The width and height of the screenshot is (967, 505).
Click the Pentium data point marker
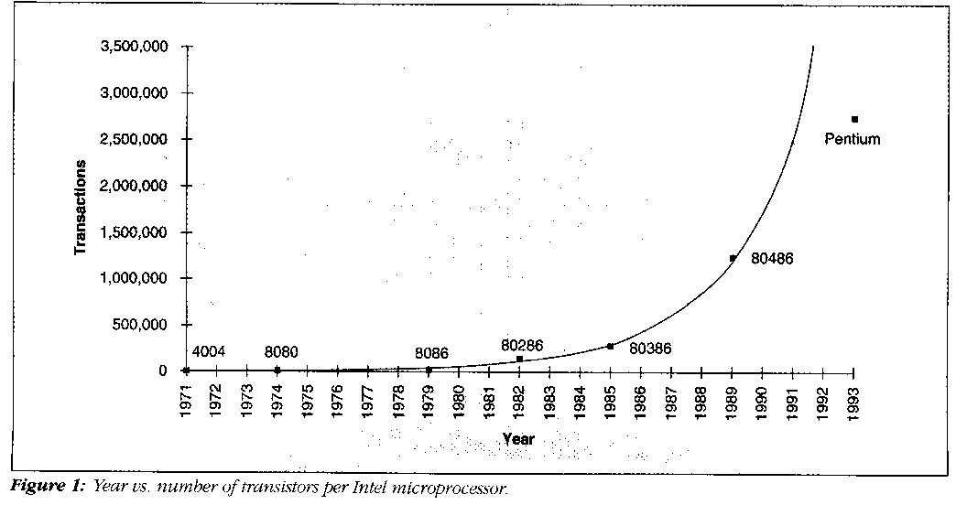(854, 120)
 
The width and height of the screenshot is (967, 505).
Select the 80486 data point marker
(733, 258)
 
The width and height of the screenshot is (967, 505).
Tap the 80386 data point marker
(610, 346)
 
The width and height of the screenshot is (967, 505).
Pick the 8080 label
(281, 351)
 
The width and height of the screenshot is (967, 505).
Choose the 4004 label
(209, 351)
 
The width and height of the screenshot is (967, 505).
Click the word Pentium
(853, 139)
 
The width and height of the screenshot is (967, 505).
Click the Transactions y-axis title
(81, 208)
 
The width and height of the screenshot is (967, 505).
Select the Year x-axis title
(518, 439)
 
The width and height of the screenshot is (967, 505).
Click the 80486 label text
(772, 259)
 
